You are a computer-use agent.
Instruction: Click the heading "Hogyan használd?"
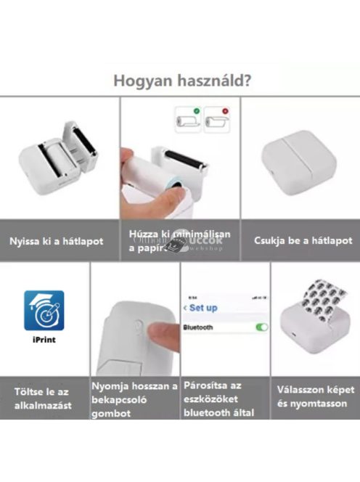[182, 80]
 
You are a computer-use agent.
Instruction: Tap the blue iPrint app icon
[44, 311]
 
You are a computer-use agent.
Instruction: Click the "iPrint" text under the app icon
[44, 339]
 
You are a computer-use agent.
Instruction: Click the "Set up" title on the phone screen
[202, 307]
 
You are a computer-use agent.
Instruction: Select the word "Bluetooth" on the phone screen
[199, 327]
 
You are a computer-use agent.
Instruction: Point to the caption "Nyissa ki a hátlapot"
[56, 241]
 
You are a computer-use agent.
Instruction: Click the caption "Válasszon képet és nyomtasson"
[315, 396]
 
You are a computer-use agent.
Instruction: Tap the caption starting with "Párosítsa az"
[224, 399]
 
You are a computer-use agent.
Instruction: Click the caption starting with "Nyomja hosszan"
[134, 399]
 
